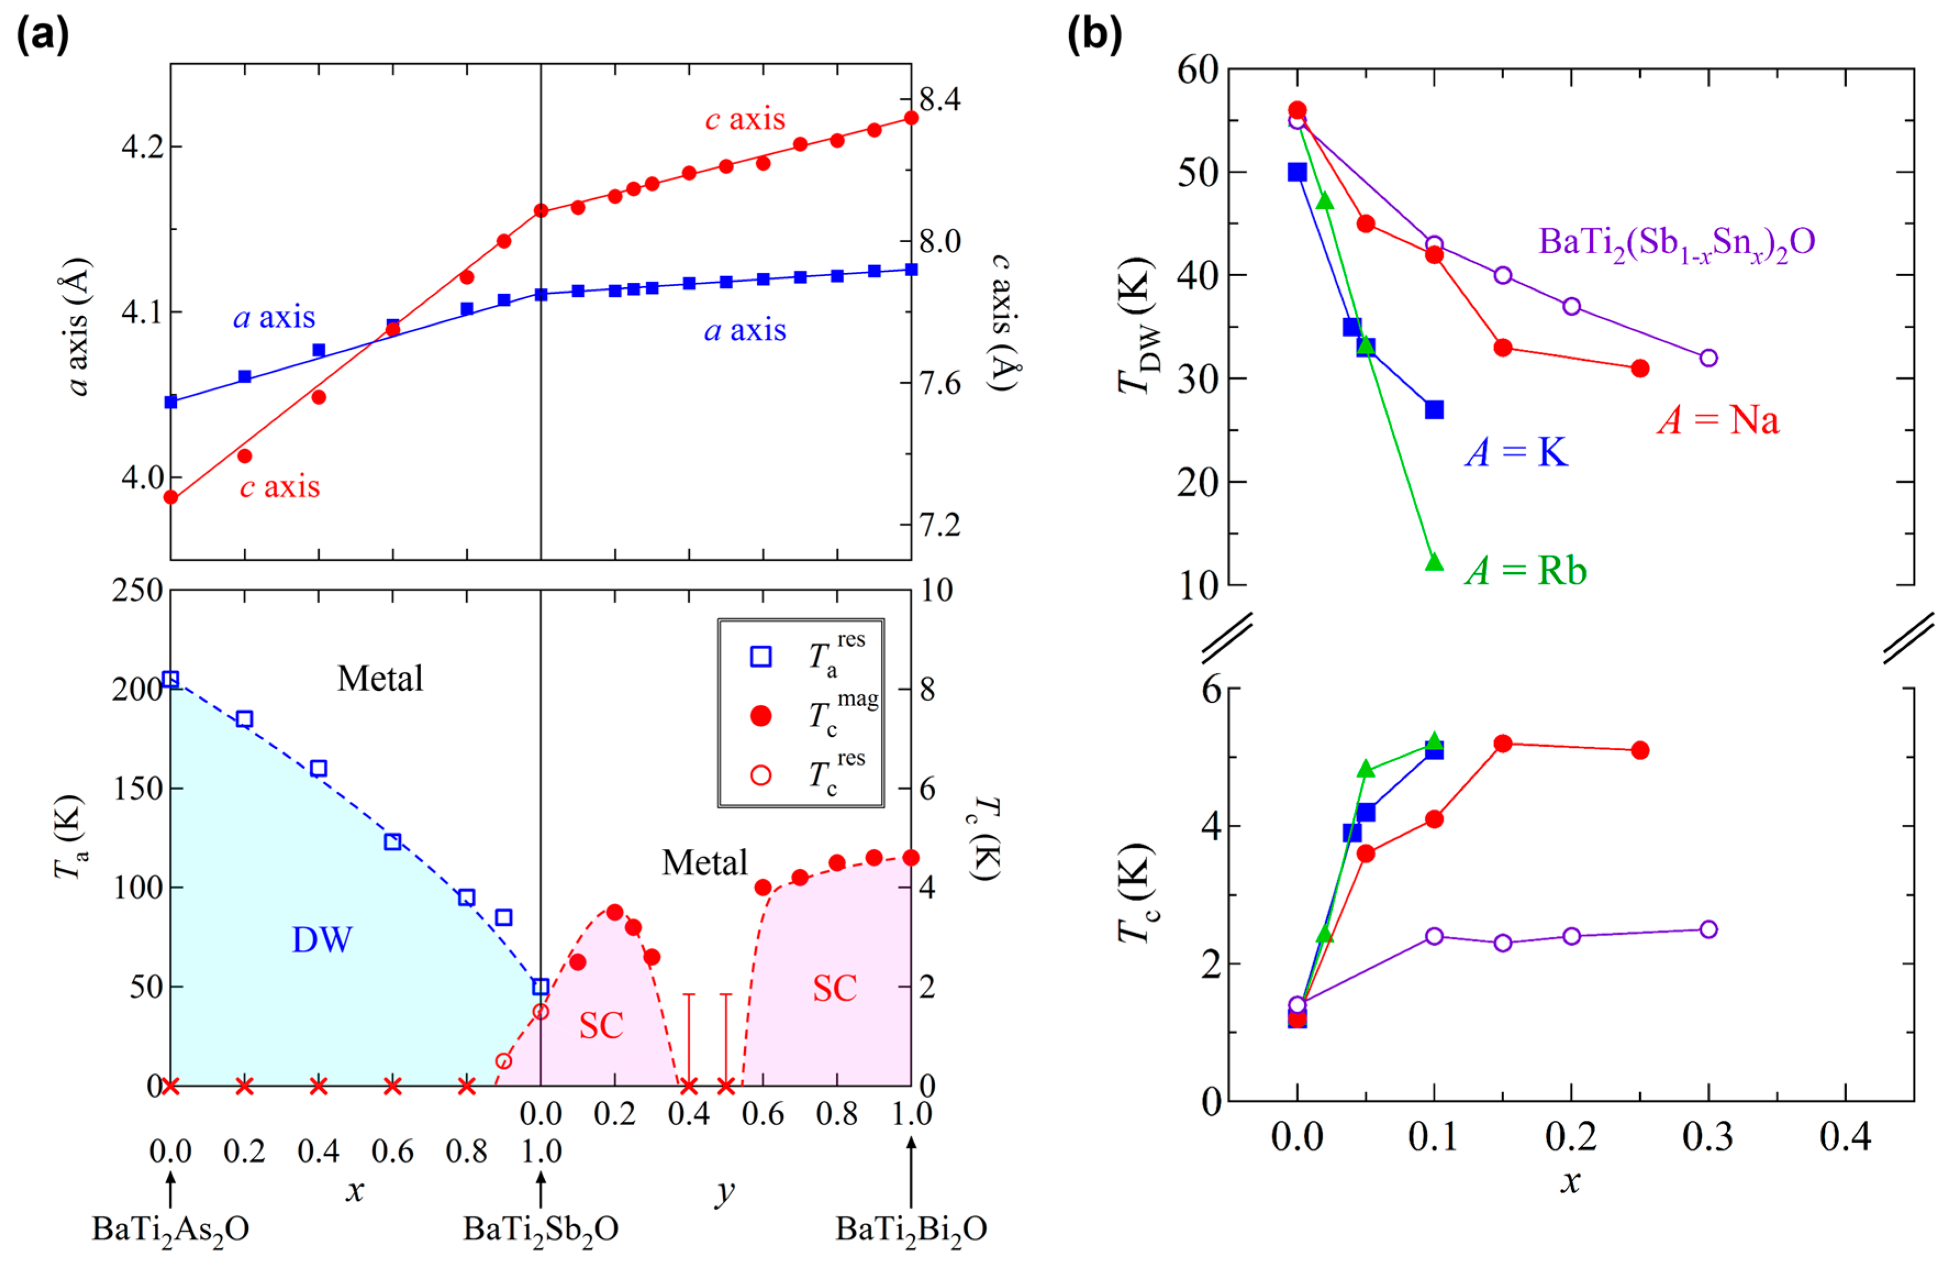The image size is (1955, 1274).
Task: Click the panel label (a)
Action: point(43,35)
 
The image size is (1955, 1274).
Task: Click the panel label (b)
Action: point(1094,35)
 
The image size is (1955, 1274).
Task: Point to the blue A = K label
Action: point(1516,452)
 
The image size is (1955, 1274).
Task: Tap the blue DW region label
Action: point(322,940)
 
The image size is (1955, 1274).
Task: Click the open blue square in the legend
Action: point(761,656)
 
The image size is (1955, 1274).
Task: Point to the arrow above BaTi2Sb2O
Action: point(540,1188)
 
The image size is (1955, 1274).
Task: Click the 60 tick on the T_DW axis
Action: point(1198,70)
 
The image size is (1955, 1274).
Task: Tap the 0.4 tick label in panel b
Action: point(1845,1137)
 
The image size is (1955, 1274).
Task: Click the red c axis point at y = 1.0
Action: point(911,118)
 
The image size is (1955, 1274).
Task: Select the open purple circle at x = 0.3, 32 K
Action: point(1708,358)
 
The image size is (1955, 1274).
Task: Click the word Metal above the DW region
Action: point(381,679)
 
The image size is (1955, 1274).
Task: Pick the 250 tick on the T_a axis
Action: point(137,590)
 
